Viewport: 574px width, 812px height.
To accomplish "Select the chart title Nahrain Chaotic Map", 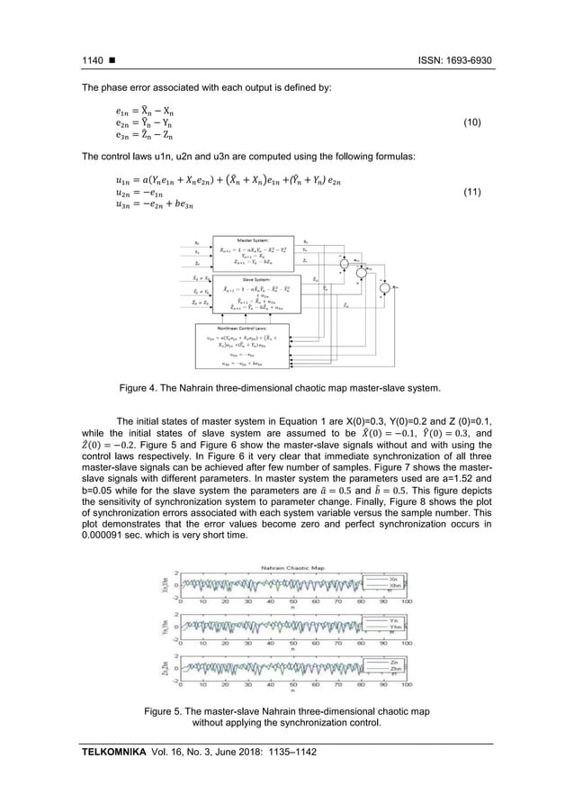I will (x=286, y=568).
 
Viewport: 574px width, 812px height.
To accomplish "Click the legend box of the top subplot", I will (x=378, y=582).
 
